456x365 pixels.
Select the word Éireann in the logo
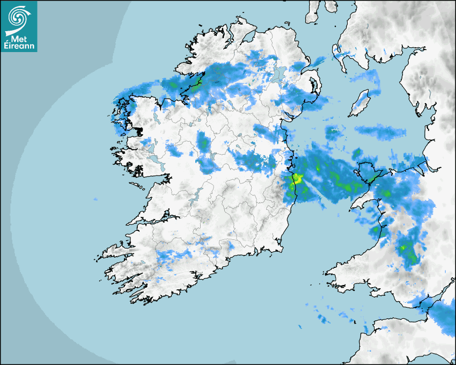[19, 47]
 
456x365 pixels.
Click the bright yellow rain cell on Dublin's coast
[296, 179]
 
